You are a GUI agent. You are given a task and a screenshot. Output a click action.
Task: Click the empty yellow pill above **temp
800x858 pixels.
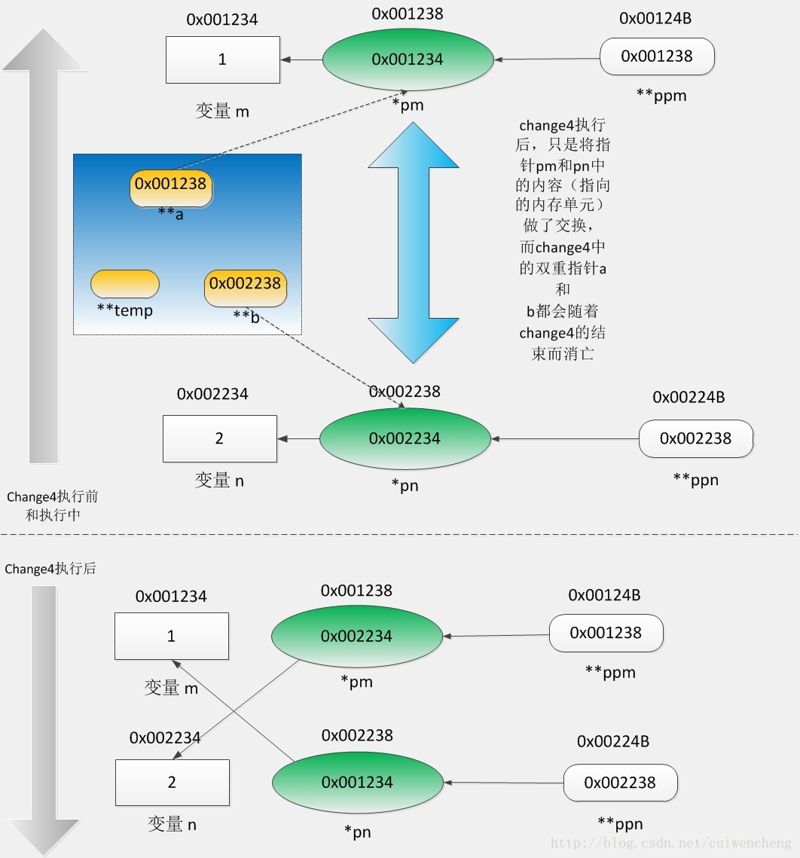point(125,283)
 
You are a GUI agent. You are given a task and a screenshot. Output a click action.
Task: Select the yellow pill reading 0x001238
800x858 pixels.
point(171,188)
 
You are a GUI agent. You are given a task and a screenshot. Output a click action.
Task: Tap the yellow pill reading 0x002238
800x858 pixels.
point(245,287)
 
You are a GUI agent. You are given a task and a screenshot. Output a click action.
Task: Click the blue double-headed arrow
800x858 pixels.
point(413,242)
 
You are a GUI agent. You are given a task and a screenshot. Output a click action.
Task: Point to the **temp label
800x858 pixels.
point(125,310)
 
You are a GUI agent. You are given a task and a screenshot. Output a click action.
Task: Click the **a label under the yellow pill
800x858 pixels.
point(171,213)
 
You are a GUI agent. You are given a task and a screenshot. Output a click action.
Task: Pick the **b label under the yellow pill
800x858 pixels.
point(246,316)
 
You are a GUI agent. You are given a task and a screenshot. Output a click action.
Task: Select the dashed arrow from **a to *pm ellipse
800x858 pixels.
point(289,130)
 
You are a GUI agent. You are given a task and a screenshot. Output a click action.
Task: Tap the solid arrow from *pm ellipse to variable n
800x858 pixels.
point(237,709)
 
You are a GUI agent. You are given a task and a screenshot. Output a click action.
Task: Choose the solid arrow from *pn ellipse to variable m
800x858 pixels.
point(234,710)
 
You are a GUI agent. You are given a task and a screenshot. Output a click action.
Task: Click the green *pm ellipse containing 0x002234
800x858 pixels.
point(357,636)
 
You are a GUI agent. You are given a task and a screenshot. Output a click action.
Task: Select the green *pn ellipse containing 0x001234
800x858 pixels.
point(357,783)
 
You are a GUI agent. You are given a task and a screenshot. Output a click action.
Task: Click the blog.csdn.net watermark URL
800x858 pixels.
point(671,843)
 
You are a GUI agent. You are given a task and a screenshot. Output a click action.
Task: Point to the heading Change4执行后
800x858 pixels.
point(50,569)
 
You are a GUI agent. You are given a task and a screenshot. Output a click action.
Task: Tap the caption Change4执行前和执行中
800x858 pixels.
point(53,505)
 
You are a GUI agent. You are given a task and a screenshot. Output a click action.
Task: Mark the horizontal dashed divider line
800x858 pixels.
point(400,534)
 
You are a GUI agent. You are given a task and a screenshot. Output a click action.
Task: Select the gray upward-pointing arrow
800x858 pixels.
point(44,246)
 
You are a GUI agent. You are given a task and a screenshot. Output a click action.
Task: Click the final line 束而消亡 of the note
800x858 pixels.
point(563,353)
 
